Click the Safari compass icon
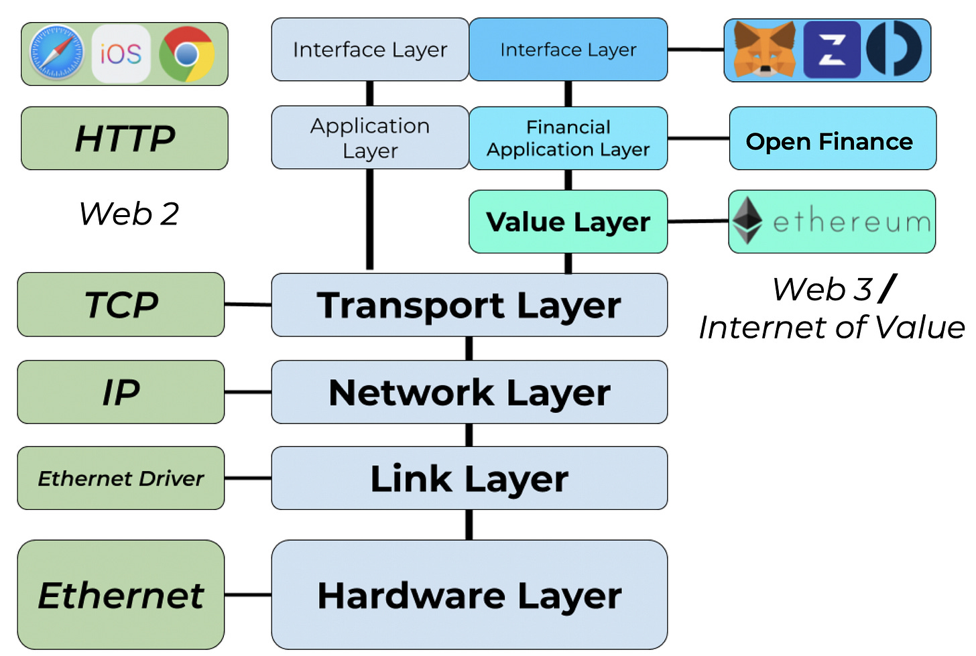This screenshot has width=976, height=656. coord(56,53)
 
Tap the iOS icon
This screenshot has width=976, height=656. coord(121,54)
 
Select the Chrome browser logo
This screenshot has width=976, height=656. coord(187,54)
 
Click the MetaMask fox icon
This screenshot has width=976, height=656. coord(765,50)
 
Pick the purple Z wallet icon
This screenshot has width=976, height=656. coord(833,50)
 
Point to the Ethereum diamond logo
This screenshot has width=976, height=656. coord(747,220)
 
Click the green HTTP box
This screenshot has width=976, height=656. coord(125,139)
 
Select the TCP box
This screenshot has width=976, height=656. coord(121,304)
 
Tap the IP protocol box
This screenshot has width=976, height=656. coord(121,392)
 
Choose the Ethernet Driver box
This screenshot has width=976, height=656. coord(121,478)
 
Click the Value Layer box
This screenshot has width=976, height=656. coord(568,222)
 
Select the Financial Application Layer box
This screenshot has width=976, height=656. coord(568,138)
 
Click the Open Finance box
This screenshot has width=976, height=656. coord(833,139)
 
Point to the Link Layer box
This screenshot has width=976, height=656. coord(469,478)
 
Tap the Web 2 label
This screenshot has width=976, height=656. coord(129,214)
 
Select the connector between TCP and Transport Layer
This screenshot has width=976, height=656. coord(248,304)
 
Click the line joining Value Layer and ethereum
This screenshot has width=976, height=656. coord(698,221)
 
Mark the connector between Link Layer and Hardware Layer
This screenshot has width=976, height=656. coord(469,525)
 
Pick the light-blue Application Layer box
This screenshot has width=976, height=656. coord(370,137)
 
